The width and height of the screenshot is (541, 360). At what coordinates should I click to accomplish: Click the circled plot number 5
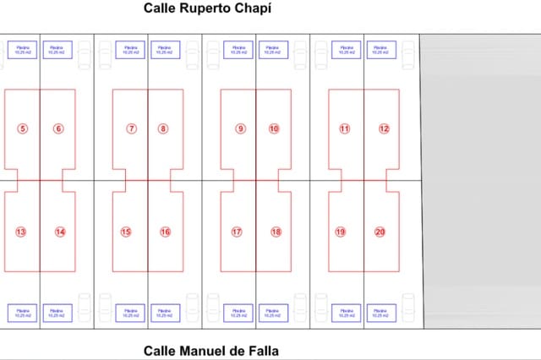coord(22,128)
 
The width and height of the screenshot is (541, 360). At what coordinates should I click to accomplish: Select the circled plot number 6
coord(58,128)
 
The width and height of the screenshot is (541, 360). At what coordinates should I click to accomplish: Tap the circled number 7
coord(132,128)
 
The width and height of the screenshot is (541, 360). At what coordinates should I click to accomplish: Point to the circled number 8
coord(163,128)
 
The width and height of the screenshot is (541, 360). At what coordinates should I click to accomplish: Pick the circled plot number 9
coord(241,128)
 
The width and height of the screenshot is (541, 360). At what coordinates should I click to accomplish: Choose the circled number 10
coord(274,128)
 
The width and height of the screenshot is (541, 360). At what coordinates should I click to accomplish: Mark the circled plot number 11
coord(345,128)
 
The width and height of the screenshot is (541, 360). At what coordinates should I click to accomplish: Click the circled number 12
coord(384,128)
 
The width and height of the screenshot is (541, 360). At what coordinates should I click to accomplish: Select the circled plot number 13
coord(21,232)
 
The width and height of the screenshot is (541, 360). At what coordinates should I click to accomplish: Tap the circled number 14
coord(59,232)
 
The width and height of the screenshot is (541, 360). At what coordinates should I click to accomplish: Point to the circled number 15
coord(126,232)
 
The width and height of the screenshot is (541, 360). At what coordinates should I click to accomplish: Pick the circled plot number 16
coord(166,232)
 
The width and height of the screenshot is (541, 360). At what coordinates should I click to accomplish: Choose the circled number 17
coord(237,232)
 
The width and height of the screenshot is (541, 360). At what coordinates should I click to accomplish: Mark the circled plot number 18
coord(276,232)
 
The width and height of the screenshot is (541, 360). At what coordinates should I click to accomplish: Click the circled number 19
coord(341,232)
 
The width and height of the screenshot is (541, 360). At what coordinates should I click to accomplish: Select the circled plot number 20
coord(380,232)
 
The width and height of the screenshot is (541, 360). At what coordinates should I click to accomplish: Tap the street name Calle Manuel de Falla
coord(210,350)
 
